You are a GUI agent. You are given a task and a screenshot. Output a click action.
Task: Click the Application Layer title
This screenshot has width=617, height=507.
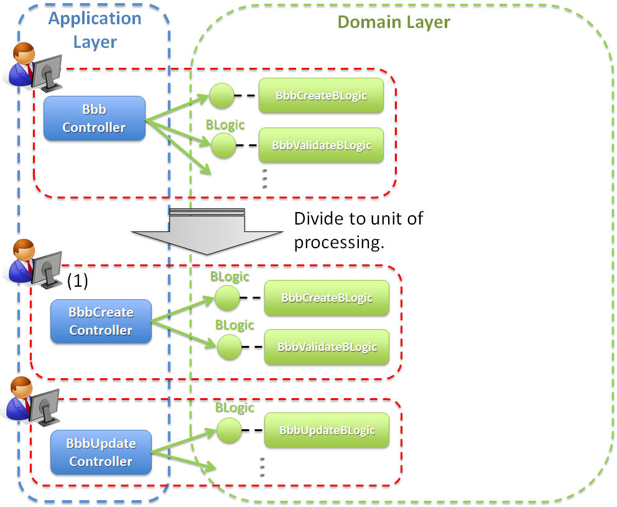[x=95, y=30]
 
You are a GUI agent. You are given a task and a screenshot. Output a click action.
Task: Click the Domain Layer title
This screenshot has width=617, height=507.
[x=394, y=22]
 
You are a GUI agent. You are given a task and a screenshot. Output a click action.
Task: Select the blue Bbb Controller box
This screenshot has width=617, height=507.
[x=95, y=118]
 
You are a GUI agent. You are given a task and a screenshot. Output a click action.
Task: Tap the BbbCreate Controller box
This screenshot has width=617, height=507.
[x=101, y=321]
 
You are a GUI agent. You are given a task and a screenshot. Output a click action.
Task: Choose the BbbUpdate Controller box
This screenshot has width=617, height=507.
[x=101, y=452]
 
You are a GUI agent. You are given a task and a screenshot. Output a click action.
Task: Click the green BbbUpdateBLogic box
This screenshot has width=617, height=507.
[x=327, y=430]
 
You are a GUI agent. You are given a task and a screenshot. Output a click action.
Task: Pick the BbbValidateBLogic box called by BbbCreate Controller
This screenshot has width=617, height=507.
[x=327, y=347]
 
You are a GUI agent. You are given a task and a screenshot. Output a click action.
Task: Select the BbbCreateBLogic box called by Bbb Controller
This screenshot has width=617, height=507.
[x=321, y=96]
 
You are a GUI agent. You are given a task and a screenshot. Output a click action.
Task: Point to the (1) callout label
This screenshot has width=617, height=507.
[x=78, y=281]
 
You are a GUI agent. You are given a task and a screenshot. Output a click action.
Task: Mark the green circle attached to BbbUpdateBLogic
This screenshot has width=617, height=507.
[x=230, y=430]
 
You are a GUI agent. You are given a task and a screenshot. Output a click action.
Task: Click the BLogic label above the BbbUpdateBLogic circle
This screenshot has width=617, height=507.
[x=234, y=408]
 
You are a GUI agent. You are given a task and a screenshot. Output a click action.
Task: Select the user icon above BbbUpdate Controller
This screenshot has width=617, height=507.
[x=32, y=401]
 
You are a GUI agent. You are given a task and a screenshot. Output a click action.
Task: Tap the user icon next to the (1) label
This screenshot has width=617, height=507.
[x=34, y=264]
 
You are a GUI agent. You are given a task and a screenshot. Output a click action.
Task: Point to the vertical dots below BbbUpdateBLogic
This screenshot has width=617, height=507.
[x=262, y=467]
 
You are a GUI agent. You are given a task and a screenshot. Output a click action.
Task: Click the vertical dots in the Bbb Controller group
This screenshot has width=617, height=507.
[x=264, y=178]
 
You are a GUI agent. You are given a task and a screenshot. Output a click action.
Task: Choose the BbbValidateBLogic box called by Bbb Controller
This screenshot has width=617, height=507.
[x=321, y=146]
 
